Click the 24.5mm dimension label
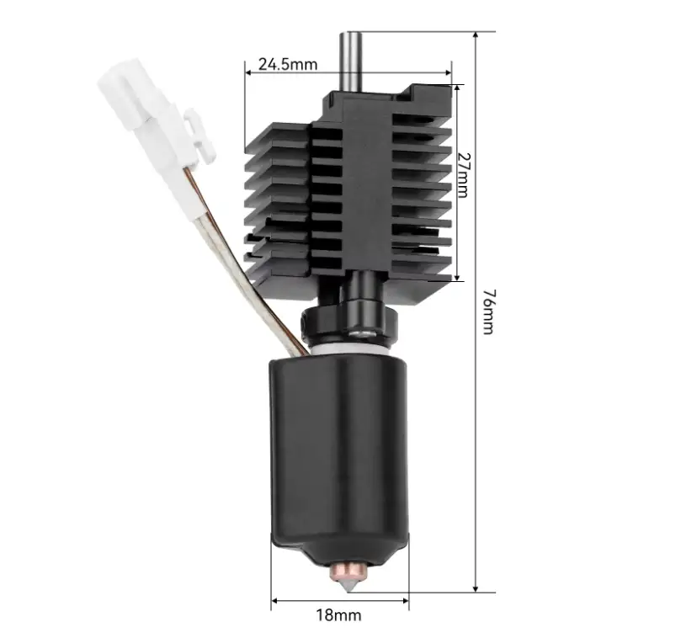[288, 65]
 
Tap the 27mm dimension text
[463, 175]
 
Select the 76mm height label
[488, 311]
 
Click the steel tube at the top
[351, 61]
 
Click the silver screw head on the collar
[362, 332]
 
